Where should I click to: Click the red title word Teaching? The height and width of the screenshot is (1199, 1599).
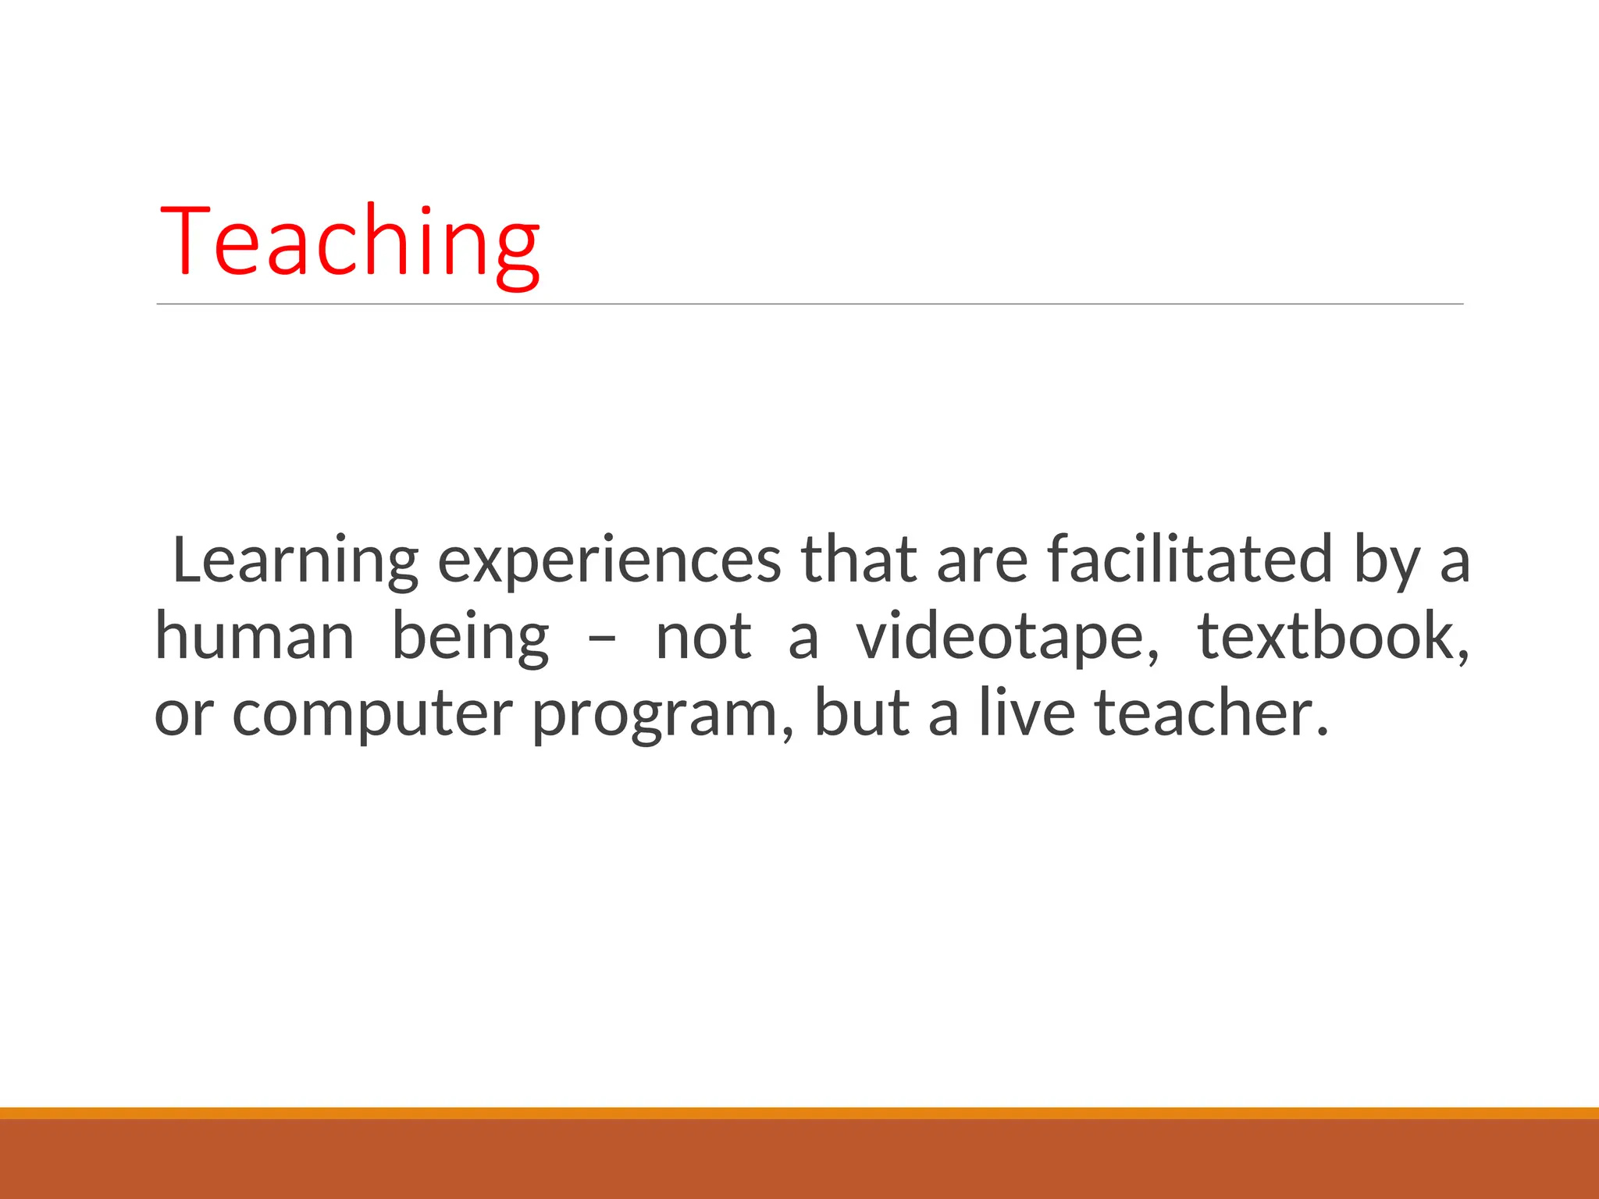tap(349, 242)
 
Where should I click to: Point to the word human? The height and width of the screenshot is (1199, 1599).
tap(255, 636)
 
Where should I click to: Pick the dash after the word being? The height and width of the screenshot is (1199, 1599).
tap(602, 640)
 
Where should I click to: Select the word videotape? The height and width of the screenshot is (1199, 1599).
tap(1007, 637)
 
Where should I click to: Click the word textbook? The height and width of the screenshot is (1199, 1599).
tap(1332, 636)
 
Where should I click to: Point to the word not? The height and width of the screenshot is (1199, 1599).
tap(703, 637)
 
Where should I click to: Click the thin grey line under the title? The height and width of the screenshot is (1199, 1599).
tap(809, 304)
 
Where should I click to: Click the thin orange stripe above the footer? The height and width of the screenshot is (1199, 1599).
tap(799, 1113)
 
